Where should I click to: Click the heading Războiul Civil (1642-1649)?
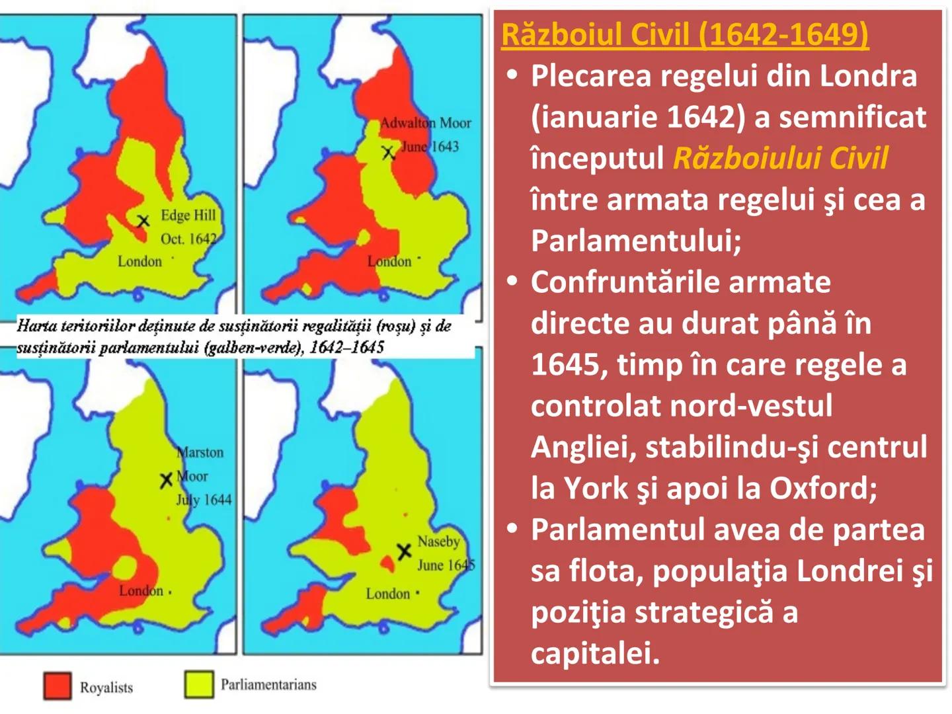point(684,34)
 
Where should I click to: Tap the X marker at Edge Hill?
point(143,221)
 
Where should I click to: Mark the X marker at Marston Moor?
point(166,481)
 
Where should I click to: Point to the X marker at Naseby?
point(404,551)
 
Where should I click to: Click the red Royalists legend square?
point(57,686)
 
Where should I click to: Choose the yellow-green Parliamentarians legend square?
point(199,684)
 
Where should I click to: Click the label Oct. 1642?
point(188,239)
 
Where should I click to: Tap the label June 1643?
point(430,146)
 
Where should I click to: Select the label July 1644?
point(204,500)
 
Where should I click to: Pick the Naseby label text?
point(438,541)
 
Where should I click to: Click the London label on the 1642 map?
point(139,261)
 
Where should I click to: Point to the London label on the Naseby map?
point(388,594)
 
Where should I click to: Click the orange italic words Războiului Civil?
point(780,159)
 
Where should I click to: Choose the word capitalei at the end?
point(595,653)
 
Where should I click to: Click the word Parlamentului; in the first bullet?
point(636,241)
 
